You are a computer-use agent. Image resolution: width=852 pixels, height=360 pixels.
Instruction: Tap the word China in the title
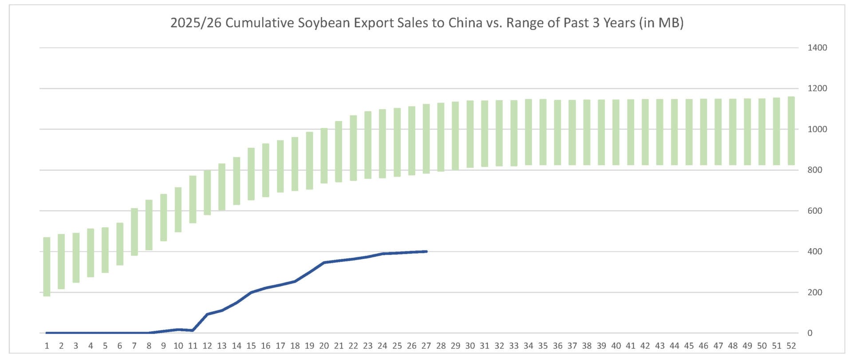point(465,23)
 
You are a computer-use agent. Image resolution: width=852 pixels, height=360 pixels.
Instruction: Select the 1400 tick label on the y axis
point(817,47)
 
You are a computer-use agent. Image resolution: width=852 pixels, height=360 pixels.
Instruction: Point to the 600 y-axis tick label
point(815,211)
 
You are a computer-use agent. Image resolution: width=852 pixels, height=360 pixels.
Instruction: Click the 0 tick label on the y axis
point(810,333)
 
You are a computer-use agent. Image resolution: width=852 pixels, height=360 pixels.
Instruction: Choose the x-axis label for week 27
point(426,346)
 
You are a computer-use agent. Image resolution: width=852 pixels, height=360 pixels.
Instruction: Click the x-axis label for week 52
point(791,346)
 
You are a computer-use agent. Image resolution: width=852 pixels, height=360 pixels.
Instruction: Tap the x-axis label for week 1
point(47,346)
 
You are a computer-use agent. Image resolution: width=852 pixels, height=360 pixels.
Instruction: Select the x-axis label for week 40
point(616,346)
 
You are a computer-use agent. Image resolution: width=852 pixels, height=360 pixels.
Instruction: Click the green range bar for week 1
point(47,266)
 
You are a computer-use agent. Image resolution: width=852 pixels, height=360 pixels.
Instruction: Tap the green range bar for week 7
point(134,232)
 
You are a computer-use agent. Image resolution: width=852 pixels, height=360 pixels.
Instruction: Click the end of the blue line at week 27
point(426,252)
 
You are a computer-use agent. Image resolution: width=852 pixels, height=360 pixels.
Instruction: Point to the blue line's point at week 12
point(207,314)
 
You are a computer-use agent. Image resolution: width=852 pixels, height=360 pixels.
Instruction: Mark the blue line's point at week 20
point(324,263)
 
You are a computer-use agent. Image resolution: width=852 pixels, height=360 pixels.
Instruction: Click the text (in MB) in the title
point(661,23)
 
